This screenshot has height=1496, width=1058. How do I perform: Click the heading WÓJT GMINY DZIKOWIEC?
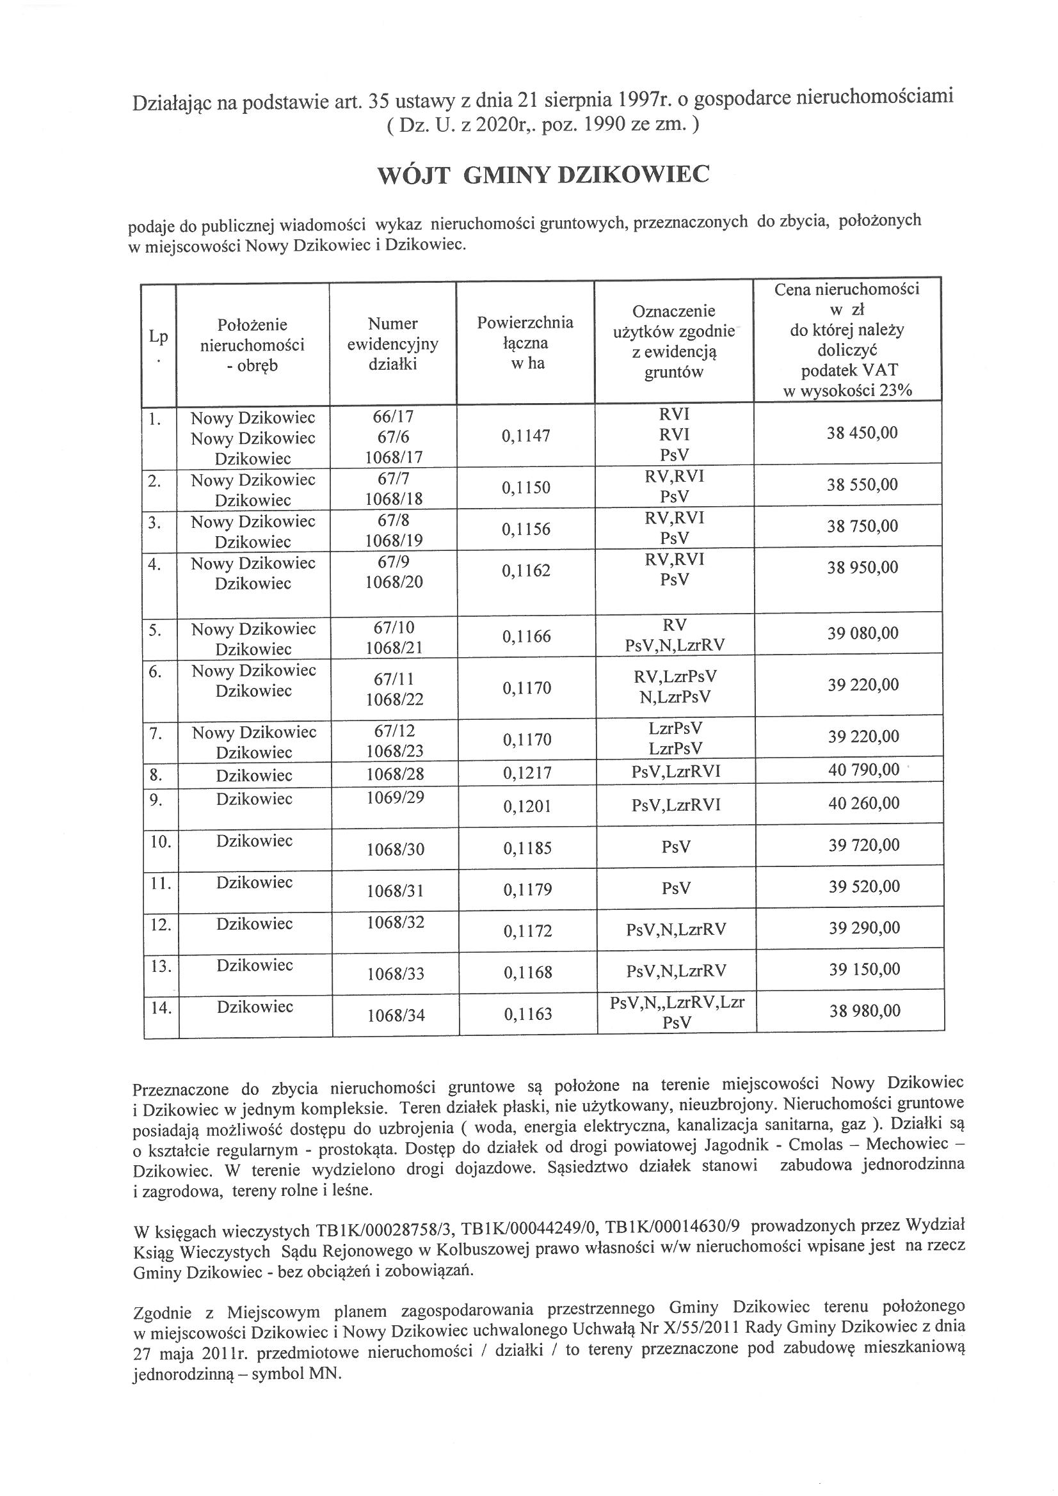(x=543, y=175)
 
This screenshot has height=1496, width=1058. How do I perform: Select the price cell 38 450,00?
(x=862, y=433)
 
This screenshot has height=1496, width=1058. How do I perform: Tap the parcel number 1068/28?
(x=394, y=774)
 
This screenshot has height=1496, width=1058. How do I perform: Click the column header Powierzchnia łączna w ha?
(x=525, y=343)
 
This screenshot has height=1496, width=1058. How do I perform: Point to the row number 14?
(x=161, y=1008)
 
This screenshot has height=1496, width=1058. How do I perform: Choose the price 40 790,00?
(x=863, y=770)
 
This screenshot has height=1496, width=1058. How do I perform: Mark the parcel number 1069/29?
(x=394, y=797)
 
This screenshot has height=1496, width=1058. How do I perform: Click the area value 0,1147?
(x=525, y=436)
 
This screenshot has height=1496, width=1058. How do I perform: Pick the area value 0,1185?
(x=527, y=848)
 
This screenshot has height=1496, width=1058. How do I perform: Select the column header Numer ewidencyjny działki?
(x=392, y=344)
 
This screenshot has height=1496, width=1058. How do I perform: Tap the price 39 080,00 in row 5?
(x=862, y=633)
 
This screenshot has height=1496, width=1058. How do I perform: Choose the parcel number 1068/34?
(x=395, y=1014)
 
